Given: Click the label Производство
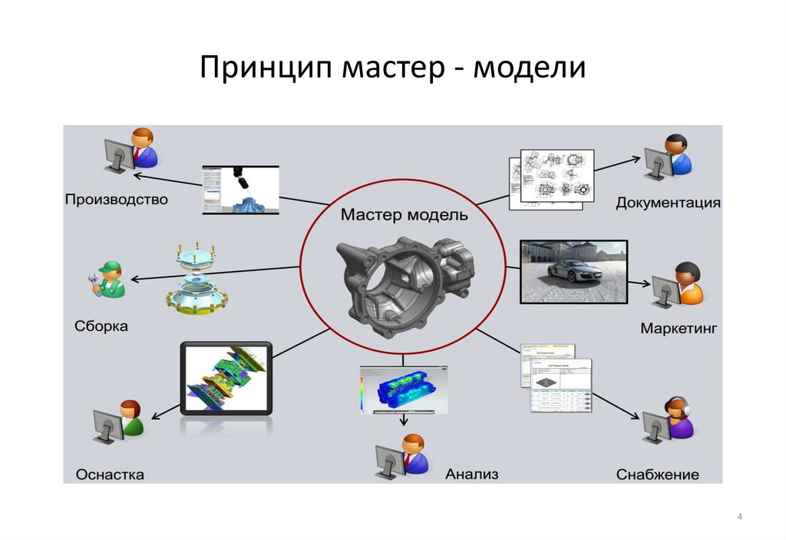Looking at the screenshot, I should point(116,200).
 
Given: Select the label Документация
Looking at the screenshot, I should point(668,203).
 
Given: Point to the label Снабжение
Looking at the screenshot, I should point(658,475).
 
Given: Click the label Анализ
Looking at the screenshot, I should point(471,474).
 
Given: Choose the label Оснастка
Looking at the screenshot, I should point(110,475).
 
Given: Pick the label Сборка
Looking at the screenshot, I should point(101,326).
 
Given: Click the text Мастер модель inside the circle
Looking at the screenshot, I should point(404,215).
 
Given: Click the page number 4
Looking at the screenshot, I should point(739,517).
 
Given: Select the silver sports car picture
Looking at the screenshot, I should point(573,270).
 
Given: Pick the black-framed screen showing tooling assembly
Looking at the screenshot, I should point(226,379).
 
